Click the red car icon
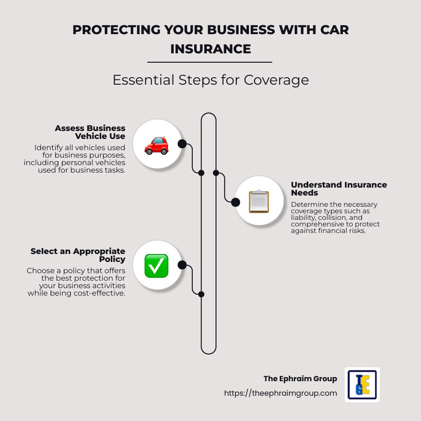tap(156, 145)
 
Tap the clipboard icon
tap(259, 202)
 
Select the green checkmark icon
tap(156, 266)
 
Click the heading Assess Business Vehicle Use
tap(90, 132)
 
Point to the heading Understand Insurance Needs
tap(339, 189)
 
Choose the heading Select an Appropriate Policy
tap(78, 255)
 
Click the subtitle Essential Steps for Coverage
tap(210, 80)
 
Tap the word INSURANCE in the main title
tap(210, 49)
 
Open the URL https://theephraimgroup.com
tap(280, 393)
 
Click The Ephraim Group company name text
tap(300, 379)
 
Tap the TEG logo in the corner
tap(362, 385)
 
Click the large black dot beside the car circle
tap(182, 144)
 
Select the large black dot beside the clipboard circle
tap(235, 202)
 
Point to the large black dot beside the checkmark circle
tap(182, 265)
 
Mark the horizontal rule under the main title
tap(210, 62)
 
